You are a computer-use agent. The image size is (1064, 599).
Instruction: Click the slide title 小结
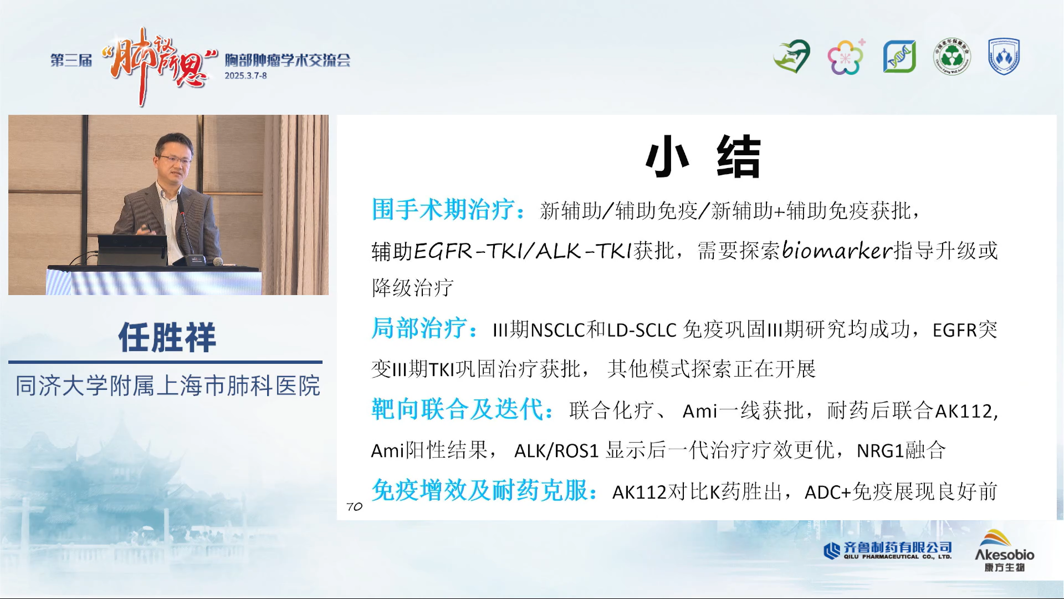pyautogui.click(x=703, y=157)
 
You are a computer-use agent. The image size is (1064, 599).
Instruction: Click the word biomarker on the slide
pyautogui.click(x=837, y=251)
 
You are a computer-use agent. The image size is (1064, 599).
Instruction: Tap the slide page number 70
pyautogui.click(x=354, y=506)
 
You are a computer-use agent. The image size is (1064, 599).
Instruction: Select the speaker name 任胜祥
pyautogui.click(x=167, y=337)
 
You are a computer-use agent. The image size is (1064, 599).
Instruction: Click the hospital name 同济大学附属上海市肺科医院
pyautogui.click(x=167, y=386)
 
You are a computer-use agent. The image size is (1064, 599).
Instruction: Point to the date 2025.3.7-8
pyautogui.click(x=245, y=75)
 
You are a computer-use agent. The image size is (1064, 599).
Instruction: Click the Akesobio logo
pyautogui.click(x=1004, y=551)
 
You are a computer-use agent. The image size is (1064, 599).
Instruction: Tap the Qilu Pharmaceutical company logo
pyautogui.click(x=888, y=550)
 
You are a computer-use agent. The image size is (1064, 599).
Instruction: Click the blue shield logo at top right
pyautogui.click(x=1004, y=56)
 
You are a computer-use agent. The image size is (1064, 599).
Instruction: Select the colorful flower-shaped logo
pyautogui.click(x=846, y=57)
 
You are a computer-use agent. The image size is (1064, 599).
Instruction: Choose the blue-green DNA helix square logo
pyautogui.click(x=899, y=57)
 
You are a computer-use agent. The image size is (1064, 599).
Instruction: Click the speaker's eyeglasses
pyautogui.click(x=175, y=160)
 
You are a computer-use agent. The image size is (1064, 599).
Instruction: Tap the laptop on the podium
pyautogui.click(x=132, y=250)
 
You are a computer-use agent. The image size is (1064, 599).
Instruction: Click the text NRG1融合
pyautogui.click(x=901, y=450)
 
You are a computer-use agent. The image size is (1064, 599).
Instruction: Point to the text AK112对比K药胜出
pyautogui.click(x=697, y=491)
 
